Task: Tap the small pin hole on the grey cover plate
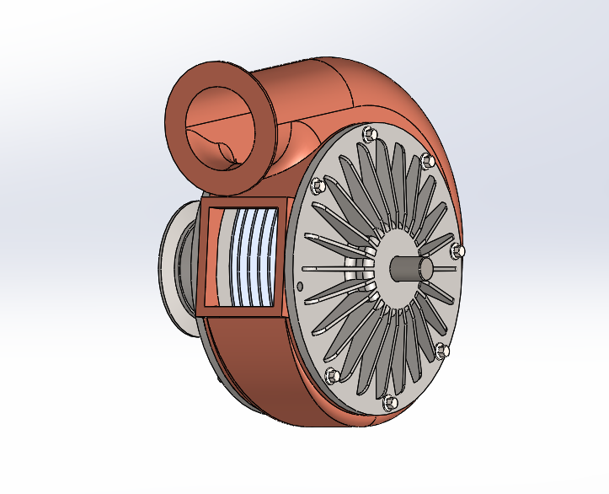pyautogui.click(x=300, y=286)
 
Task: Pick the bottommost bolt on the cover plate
pyautogui.click(x=388, y=403)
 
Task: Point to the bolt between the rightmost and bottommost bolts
pyautogui.click(x=443, y=349)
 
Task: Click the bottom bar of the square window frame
pyautogui.click(x=240, y=311)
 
